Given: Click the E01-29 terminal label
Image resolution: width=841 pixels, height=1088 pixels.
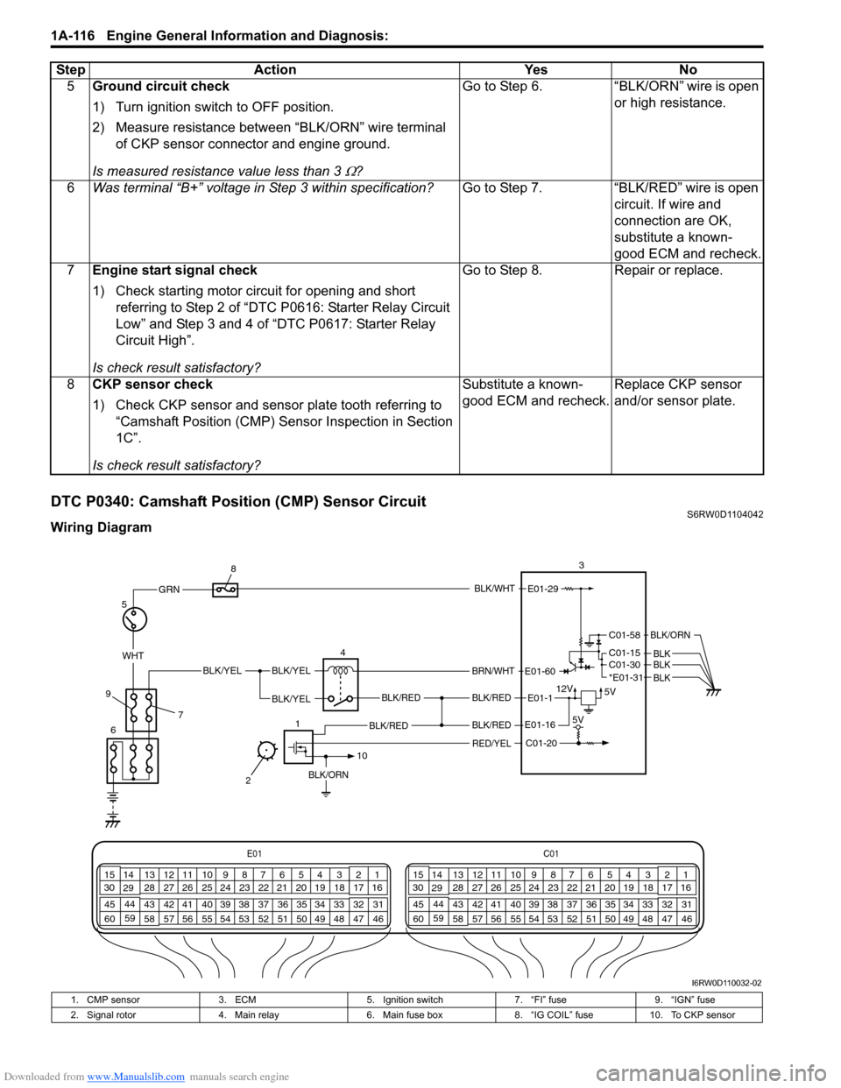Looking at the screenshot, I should click(542, 590).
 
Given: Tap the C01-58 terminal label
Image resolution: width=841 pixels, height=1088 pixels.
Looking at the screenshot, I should click(625, 635).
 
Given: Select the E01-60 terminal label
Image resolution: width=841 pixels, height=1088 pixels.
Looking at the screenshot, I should click(541, 672).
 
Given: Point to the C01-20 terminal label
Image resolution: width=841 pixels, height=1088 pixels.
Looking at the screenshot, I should click(541, 743).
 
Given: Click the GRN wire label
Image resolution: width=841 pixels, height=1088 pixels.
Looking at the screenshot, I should click(169, 590).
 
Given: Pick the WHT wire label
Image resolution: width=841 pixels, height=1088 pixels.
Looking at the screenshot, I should click(133, 655).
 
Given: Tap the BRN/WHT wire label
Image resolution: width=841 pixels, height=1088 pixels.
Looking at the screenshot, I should click(493, 672).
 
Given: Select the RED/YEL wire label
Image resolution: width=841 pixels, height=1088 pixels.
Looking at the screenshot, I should click(491, 743).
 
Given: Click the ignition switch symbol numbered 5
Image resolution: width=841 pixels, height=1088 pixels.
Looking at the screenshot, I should click(134, 619).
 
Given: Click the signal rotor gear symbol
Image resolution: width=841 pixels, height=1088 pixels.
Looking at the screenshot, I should click(265, 750).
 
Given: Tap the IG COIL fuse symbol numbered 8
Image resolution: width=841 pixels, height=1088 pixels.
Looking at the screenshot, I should click(226, 590).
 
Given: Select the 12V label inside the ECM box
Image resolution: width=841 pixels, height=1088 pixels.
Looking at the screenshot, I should click(565, 689).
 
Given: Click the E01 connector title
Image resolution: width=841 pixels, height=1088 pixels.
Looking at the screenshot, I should click(254, 853).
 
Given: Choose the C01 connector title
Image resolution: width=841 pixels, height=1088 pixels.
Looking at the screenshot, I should click(551, 853).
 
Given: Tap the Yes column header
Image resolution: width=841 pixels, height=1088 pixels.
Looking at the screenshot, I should click(535, 70).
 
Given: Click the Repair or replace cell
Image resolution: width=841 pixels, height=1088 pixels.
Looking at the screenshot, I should click(668, 271).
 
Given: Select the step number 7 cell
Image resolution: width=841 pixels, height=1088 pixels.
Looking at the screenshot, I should click(71, 271).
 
